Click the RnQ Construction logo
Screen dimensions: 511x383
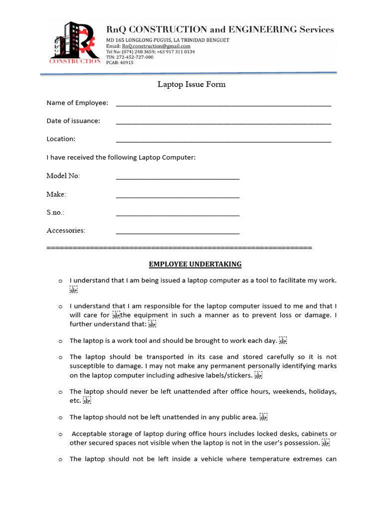tap(75, 43)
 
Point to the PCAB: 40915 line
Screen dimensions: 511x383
tap(120, 63)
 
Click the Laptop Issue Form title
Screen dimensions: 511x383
tap(191, 84)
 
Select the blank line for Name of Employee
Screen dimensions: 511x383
tap(223, 105)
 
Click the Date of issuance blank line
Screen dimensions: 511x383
tap(223, 123)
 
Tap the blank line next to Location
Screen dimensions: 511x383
tap(223, 141)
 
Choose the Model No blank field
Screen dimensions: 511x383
tap(178, 178)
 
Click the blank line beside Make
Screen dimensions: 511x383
tap(178, 196)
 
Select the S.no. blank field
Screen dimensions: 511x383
tap(178, 215)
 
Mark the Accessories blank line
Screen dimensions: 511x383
tap(178, 233)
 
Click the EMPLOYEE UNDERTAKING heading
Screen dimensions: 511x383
tap(195, 264)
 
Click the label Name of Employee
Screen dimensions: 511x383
tap(77, 103)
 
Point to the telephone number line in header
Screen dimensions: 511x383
tap(150, 52)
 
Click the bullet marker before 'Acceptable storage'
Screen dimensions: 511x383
tap(60, 435)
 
